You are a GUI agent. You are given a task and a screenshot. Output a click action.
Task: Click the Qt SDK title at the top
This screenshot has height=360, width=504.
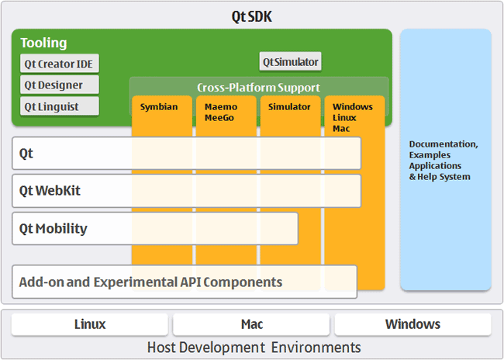point(251,16)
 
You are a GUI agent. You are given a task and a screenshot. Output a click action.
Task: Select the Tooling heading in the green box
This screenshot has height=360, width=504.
point(43,43)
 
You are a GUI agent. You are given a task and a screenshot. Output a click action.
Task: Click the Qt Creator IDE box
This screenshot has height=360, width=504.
point(60,64)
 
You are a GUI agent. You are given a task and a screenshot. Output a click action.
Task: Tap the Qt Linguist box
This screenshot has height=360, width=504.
point(60,106)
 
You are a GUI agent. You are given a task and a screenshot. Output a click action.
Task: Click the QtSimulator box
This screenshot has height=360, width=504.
point(290,62)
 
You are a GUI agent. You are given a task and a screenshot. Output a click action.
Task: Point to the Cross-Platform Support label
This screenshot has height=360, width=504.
point(258,88)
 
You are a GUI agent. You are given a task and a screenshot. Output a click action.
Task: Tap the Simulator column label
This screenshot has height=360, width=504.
point(289,106)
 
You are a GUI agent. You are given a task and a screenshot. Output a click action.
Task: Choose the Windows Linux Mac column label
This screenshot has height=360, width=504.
point(353,117)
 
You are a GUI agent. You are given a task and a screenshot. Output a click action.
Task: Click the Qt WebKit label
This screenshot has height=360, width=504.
point(50,191)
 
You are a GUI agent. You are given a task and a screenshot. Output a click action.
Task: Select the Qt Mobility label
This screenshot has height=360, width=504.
point(54,229)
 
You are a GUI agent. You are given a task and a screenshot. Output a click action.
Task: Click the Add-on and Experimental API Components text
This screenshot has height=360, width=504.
point(150,282)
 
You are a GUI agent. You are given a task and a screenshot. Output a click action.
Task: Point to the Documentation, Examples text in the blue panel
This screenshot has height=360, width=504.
point(444,150)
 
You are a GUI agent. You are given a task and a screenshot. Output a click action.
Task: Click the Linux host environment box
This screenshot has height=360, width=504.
point(89,324)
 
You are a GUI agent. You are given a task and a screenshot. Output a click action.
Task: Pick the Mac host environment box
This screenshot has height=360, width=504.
point(252,324)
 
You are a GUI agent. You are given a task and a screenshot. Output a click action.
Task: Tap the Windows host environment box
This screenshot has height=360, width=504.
point(413,324)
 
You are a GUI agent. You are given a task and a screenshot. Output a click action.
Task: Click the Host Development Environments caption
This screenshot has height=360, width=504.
point(254,347)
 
